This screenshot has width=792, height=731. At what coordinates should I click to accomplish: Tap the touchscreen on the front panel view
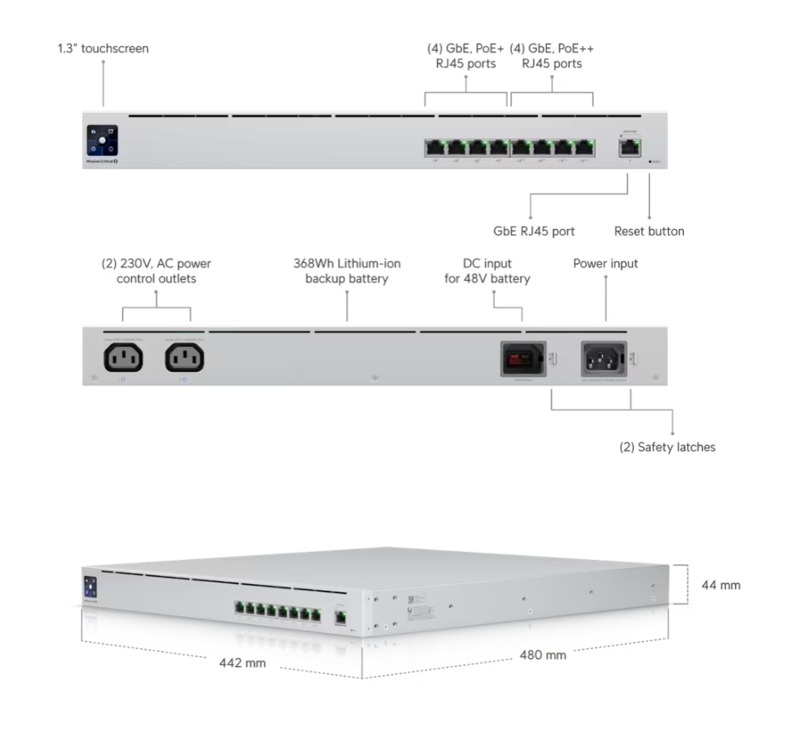point(102,139)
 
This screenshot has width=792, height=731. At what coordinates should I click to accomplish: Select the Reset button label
point(649,232)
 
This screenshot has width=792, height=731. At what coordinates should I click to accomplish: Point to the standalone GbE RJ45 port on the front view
point(628,148)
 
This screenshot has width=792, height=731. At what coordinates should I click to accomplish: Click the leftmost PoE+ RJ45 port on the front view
point(436,148)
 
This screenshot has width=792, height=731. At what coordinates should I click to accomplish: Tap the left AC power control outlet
point(123,357)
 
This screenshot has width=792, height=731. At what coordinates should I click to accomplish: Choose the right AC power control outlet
point(185,357)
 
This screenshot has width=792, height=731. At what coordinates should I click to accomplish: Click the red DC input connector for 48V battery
point(523,357)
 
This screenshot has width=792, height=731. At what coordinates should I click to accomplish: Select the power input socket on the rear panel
point(604,357)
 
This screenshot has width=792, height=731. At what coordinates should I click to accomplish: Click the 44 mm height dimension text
point(720,585)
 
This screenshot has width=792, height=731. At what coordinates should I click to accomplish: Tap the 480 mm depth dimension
point(542,654)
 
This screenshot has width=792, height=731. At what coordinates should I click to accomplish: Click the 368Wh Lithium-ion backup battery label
point(347,271)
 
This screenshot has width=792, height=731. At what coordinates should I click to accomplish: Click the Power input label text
point(605,264)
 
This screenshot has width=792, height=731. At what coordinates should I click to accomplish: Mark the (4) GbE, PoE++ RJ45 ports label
point(552,56)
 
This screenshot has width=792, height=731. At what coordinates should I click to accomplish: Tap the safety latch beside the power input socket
point(635,357)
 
